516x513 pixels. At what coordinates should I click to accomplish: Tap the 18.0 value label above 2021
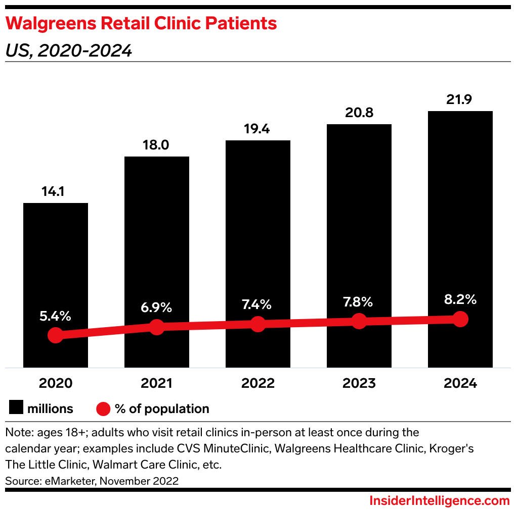tap(157, 145)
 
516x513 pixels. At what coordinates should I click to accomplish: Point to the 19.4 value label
tap(258, 129)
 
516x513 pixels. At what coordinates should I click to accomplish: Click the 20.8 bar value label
tap(359, 113)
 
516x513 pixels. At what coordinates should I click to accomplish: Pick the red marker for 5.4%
tap(56, 335)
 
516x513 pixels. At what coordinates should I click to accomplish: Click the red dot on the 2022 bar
tap(258, 324)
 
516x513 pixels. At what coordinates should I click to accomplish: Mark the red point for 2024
tap(460, 319)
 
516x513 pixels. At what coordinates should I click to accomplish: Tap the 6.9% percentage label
tap(157, 307)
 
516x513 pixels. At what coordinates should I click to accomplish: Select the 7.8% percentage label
tap(359, 302)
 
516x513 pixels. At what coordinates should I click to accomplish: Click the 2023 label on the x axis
tap(359, 383)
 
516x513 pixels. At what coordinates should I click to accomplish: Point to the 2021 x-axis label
tap(157, 383)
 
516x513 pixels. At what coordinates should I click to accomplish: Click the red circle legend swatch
tap(103, 408)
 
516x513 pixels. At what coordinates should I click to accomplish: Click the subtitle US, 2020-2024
tap(69, 50)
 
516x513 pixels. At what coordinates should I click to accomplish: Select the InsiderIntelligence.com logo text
tap(439, 501)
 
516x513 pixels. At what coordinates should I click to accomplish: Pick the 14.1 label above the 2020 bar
tap(56, 192)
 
